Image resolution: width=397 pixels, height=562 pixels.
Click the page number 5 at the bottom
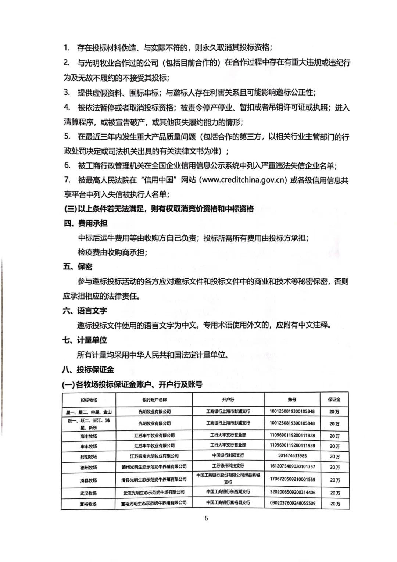coord(206,518)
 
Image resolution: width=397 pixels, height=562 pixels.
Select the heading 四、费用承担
coord(86,223)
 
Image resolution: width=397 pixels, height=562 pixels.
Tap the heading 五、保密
coord(78,267)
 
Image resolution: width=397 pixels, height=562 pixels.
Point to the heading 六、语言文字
coord(85,311)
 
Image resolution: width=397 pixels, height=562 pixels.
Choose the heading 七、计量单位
coord(85,340)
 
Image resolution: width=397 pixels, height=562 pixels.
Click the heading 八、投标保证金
coord(88,370)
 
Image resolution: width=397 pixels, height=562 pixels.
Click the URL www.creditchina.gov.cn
coord(244,180)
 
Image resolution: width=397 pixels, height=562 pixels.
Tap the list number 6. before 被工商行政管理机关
coord(67,165)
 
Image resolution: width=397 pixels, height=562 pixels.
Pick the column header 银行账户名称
coord(154,400)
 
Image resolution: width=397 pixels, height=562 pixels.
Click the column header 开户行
coord(228,400)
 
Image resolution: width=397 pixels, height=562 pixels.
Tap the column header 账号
coord(292,400)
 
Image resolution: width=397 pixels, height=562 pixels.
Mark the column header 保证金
coord(334,400)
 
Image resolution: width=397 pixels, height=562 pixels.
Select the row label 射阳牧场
coord(89,457)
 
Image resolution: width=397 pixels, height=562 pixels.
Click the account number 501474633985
coord(292,456)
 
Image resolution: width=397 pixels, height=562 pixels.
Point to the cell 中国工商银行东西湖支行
coord(228,492)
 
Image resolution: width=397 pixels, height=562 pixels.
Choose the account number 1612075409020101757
coord(292,466)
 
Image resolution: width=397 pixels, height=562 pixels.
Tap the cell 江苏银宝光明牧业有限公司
coord(154,456)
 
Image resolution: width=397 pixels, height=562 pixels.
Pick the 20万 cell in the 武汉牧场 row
coord(335,493)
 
